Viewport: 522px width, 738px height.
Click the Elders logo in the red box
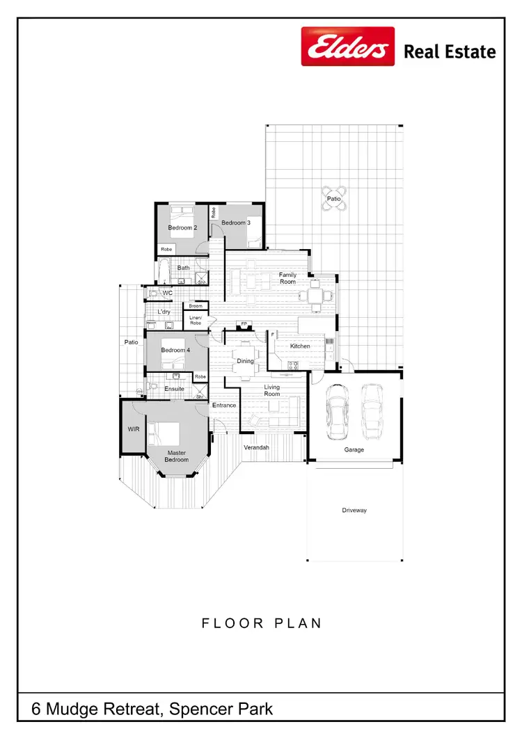pyautogui.click(x=347, y=47)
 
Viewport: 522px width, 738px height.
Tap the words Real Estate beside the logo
pyautogui.click(x=450, y=51)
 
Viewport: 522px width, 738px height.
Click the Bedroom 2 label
pyautogui.click(x=182, y=227)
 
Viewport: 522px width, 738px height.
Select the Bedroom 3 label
pyautogui.click(x=235, y=223)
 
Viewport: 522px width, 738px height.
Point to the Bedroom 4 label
pyautogui.click(x=175, y=350)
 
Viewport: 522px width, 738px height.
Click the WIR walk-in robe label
pyautogui.click(x=134, y=429)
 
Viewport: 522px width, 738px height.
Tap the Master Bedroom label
pyautogui.click(x=177, y=456)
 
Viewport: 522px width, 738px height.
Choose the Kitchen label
pyautogui.click(x=300, y=346)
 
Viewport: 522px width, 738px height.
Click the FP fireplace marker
pyautogui.click(x=244, y=324)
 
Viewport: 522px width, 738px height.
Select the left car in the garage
pyautogui.click(x=338, y=413)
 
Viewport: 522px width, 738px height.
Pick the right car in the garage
pyautogui.click(x=371, y=413)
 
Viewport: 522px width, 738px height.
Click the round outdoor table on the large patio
pyautogui.click(x=334, y=198)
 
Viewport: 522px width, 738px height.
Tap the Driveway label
pyautogui.click(x=354, y=511)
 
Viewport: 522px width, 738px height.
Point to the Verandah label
pyautogui.click(x=256, y=447)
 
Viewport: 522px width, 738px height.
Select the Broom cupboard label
pyautogui.click(x=196, y=306)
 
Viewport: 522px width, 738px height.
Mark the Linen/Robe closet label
pyautogui.click(x=196, y=321)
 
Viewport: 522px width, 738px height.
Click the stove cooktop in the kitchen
pyautogui.click(x=293, y=365)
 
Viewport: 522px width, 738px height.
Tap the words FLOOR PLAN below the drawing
pyautogui.click(x=262, y=623)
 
